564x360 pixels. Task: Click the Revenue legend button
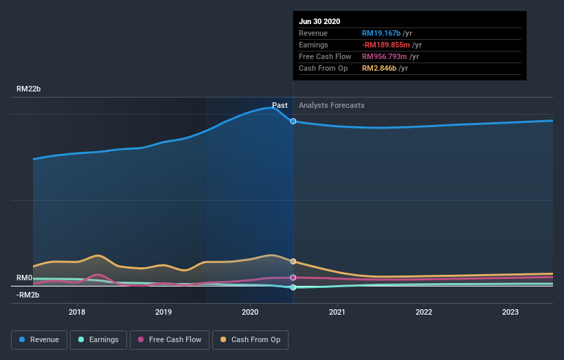(39, 339)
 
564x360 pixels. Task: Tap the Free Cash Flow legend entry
(170, 339)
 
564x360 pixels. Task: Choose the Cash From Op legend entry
(251, 339)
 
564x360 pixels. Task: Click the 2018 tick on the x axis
(77, 311)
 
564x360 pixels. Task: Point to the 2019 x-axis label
(163, 311)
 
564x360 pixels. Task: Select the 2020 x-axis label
(250, 311)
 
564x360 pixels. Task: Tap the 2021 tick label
(337, 311)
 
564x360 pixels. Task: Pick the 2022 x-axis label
(424, 311)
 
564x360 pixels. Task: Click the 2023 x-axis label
(510, 311)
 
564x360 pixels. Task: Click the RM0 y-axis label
(25, 278)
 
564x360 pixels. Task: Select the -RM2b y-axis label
(29, 295)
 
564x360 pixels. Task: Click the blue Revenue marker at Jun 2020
(293, 121)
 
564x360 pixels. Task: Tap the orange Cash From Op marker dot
(293, 261)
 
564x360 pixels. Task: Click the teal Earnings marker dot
(293, 287)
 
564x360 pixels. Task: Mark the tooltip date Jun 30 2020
(319, 21)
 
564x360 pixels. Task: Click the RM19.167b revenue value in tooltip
(381, 33)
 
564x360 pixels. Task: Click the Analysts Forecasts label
(332, 105)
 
